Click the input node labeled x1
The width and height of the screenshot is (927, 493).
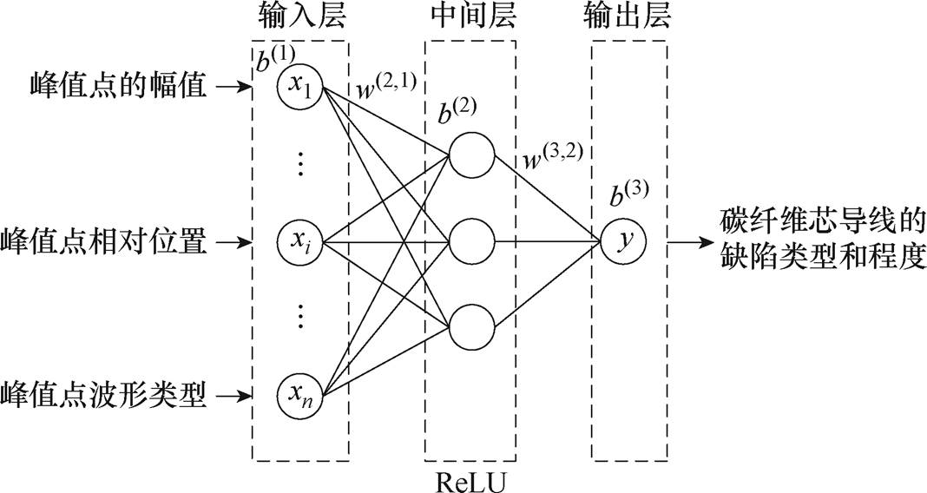tap(300, 87)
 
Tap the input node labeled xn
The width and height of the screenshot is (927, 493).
tap(300, 398)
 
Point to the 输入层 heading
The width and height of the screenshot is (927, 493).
tap(300, 16)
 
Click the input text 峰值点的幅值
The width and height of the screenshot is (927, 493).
tap(105, 87)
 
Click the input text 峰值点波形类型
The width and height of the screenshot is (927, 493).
tap(105, 398)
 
